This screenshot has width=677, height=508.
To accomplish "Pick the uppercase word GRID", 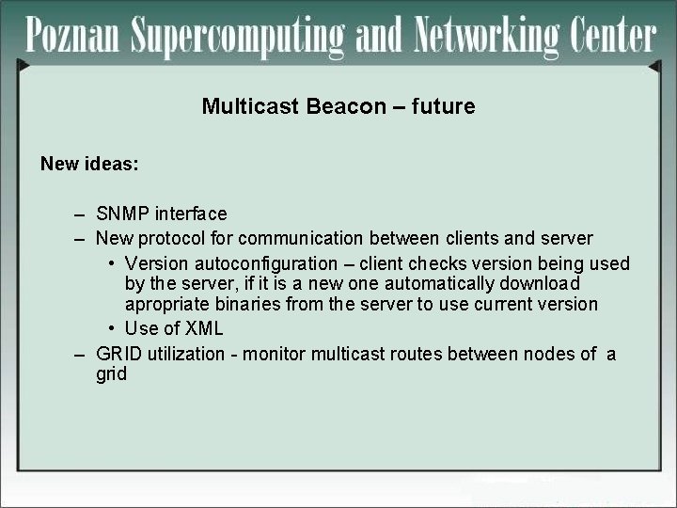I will pos(118,354).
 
